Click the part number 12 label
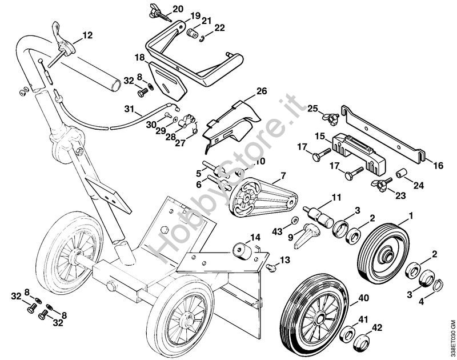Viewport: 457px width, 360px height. [87, 35]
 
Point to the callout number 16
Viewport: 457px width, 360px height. [438, 166]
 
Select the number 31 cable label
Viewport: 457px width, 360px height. [130, 109]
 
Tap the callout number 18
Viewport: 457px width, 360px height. [140, 57]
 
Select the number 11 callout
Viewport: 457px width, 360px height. [336, 198]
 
